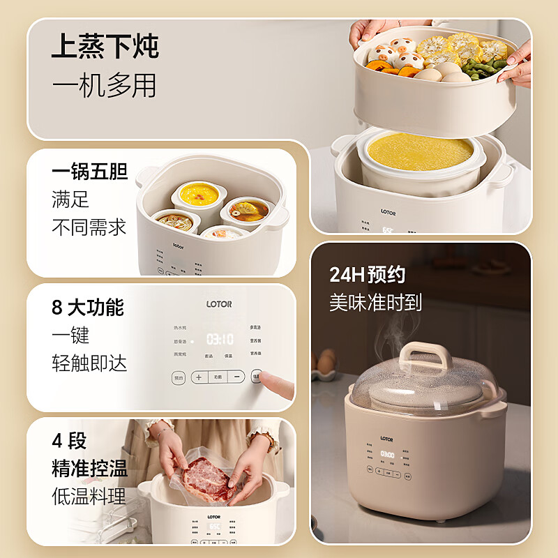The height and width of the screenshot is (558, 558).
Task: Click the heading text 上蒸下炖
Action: coord(105,47)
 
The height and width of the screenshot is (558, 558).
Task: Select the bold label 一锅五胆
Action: coord(89,172)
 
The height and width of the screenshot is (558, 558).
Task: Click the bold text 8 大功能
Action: coord(88,308)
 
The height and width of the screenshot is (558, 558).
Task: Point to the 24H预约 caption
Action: coord(367,274)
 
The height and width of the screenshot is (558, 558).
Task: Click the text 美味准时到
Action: coord(375,303)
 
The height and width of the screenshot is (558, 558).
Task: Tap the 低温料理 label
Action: coord(89,497)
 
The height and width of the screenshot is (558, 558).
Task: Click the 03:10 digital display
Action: coord(220,339)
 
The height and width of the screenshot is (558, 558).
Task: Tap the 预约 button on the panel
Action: coord(179,377)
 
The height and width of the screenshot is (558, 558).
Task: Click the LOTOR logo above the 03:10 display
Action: coord(218,304)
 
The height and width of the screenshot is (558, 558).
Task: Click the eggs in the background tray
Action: coord(325,363)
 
